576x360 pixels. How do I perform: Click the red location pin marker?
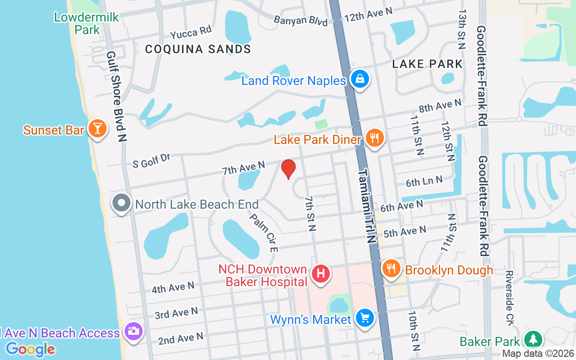point(288,169)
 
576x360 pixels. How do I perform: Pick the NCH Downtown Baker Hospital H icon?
point(321,273)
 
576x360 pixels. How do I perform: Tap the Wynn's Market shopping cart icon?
point(364,318)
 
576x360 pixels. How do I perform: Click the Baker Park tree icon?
point(533,340)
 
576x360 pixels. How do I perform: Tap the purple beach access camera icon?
point(134,332)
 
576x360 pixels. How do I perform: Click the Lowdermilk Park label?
point(86,23)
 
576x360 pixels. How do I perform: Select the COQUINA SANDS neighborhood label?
point(198,49)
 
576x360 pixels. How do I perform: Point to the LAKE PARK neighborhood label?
point(427,64)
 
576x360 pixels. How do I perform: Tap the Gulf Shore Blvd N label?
point(116,97)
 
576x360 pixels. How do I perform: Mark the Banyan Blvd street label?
point(301,21)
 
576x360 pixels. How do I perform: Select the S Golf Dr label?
point(152,160)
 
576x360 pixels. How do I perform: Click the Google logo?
point(31,349)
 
